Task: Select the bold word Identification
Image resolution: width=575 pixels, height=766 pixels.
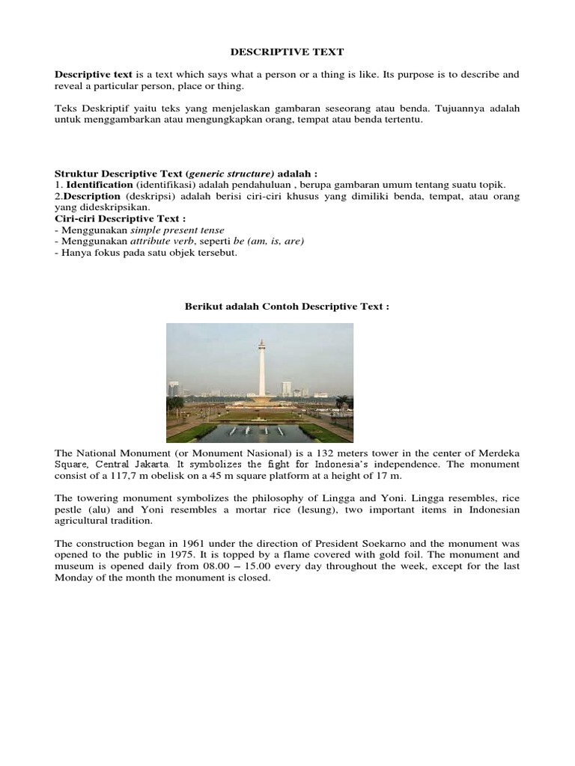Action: tap(100, 185)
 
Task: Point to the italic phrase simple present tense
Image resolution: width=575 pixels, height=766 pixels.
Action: tap(183, 230)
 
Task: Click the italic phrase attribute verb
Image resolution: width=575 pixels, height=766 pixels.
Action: tap(163, 241)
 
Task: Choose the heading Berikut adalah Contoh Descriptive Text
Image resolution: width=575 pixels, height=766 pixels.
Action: tap(287, 307)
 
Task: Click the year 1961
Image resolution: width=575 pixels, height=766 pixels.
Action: tap(186, 544)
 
